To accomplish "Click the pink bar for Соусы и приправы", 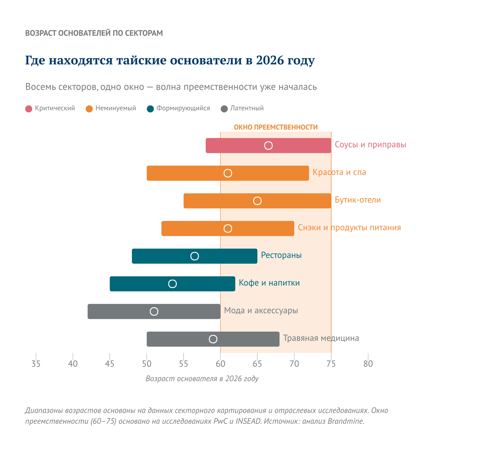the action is tap(268, 146).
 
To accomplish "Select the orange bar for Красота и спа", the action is tap(228, 173).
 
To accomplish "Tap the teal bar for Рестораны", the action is tap(194, 256).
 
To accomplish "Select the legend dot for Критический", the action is tap(29, 109).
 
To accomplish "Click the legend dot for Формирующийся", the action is tap(150, 109).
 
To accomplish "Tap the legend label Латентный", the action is tap(247, 108).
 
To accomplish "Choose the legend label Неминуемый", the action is tap(116, 108).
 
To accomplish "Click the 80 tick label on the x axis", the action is tap(368, 364).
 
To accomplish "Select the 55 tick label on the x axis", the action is tap(183, 364).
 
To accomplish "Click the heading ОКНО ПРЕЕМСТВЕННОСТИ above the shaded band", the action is tap(276, 127).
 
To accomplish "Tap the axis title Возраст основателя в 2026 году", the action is tap(202, 378).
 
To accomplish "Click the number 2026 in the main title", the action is tap(270, 60).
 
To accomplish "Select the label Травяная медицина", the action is tap(321, 338).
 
